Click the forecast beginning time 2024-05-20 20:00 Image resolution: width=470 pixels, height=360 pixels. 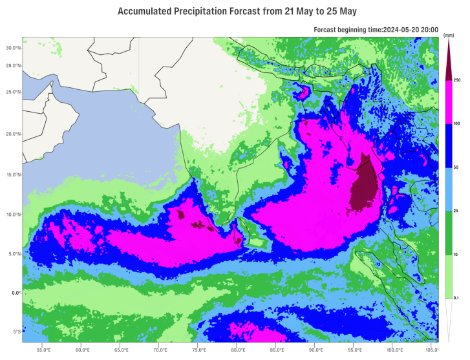pos(411,30)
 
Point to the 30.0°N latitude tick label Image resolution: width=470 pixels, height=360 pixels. pos(14,48)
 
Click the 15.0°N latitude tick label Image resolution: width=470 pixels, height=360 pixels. pos(14,175)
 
